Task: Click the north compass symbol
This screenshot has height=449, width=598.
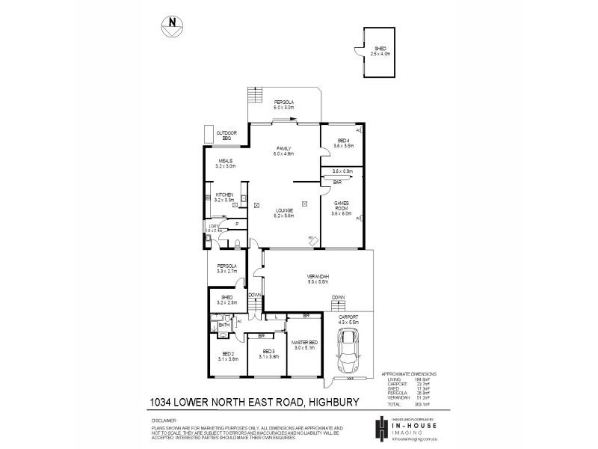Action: click(x=171, y=25)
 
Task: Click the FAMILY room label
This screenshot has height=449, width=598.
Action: click(x=283, y=148)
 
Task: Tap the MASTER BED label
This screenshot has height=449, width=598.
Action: click(x=303, y=342)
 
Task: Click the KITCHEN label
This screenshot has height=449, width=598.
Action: click(x=225, y=195)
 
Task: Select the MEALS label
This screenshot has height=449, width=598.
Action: click(x=225, y=160)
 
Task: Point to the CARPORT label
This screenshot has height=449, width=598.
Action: click(x=348, y=317)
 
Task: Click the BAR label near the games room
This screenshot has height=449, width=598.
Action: click(x=337, y=181)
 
